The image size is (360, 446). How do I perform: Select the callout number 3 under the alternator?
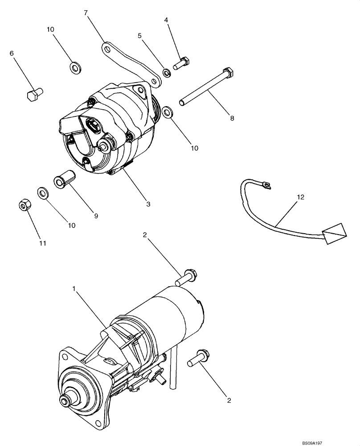[x=148, y=204]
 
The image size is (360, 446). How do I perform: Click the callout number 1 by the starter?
[x=74, y=289]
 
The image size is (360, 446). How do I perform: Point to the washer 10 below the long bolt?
[x=168, y=111]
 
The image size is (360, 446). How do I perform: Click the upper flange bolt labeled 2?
[x=186, y=278]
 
